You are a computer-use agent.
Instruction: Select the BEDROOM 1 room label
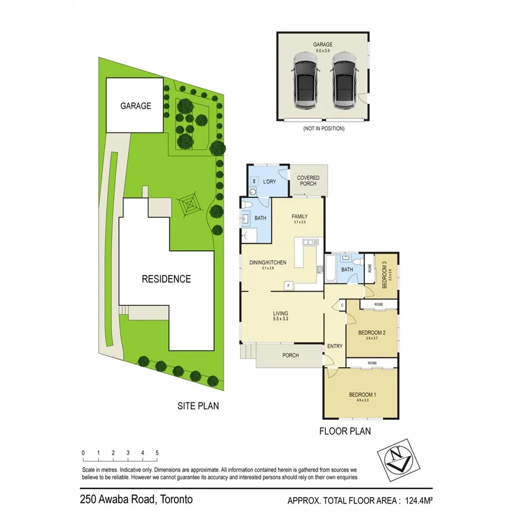pyautogui.click(x=363, y=395)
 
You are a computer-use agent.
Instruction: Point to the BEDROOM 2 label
pyautogui.click(x=371, y=333)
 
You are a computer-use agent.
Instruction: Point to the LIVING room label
pyautogui.click(x=281, y=314)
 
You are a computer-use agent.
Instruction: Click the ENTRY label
pyautogui.click(x=334, y=346)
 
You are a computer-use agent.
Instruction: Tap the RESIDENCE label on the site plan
pyautogui.click(x=166, y=279)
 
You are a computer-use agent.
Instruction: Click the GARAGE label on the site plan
pyautogui.click(x=136, y=106)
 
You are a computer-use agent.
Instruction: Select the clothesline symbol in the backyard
pyautogui.click(x=189, y=204)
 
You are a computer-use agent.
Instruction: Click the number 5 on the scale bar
pyautogui.click(x=157, y=453)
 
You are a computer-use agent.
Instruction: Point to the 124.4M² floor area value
pyautogui.click(x=422, y=501)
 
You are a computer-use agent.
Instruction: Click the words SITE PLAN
pyautogui.click(x=198, y=406)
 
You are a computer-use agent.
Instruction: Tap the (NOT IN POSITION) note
pyautogui.click(x=323, y=129)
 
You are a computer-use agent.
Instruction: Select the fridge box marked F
pyautogui.click(x=289, y=284)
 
